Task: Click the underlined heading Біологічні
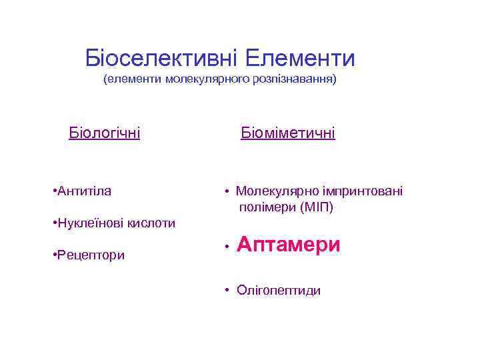click(105, 133)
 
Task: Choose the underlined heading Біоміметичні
click(288, 133)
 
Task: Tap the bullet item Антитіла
click(85, 191)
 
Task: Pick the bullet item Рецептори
click(91, 255)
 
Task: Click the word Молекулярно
click(275, 191)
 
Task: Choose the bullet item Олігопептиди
click(278, 290)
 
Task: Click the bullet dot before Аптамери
click(227, 247)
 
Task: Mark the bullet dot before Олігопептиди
click(227, 290)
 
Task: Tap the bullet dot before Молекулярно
click(227, 192)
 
